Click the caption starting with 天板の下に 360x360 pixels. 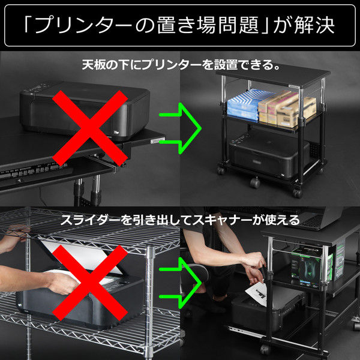pyautogui.click(x=181, y=64)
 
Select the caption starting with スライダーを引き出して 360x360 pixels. pyautogui.click(x=180, y=220)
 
